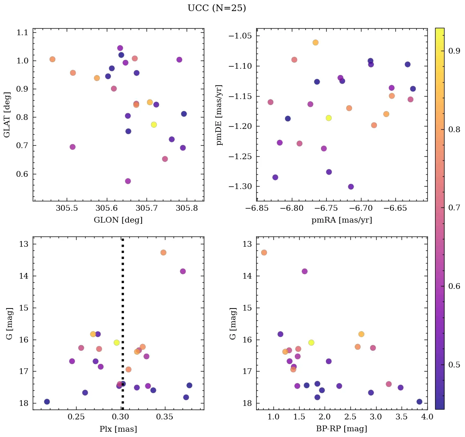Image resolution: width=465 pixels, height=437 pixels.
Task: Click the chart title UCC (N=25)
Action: pos(217,8)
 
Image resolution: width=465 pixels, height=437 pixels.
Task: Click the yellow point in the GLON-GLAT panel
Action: pos(154,124)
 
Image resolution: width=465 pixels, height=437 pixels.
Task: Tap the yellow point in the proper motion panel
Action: pos(329,118)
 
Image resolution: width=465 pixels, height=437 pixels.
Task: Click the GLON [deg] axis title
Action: pos(118,220)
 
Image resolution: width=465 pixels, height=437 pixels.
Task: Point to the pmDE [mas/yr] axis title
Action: pos(219,115)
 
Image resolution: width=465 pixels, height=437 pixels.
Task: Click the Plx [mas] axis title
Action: pos(118,429)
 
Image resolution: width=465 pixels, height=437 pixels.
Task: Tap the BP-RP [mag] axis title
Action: pos(341,429)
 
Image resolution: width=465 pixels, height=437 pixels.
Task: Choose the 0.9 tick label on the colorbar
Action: pos(453,51)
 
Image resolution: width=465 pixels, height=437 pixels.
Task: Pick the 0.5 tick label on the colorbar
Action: pos(453,365)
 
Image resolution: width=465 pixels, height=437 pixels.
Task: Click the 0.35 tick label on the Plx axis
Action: pos(165,418)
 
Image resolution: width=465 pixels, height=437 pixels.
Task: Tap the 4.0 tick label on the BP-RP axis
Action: pos(427,418)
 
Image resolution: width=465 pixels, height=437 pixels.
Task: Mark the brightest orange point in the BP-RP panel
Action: pos(264,252)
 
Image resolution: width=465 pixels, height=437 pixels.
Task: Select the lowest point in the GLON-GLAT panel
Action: pos(128,181)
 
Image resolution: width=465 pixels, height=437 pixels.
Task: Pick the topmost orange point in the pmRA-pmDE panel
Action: pos(316,43)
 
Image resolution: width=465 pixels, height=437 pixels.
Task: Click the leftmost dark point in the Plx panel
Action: pos(47,401)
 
